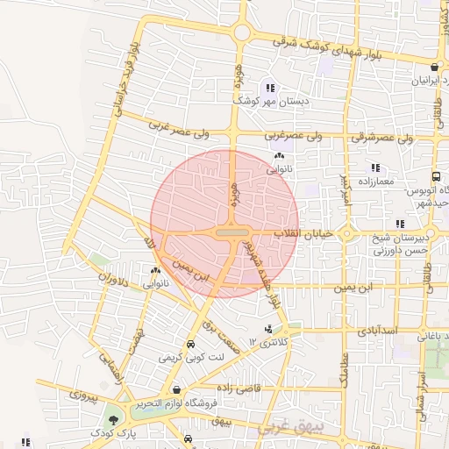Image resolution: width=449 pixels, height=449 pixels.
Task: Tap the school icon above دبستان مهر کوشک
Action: click(x=270, y=88)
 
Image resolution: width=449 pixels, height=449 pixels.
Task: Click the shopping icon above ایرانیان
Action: click(x=434, y=67)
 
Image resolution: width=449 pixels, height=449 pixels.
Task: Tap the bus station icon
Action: click(x=436, y=175)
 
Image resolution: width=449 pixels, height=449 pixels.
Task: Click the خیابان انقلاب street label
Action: click(x=303, y=234)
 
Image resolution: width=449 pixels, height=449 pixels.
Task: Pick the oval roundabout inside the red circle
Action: click(x=231, y=233)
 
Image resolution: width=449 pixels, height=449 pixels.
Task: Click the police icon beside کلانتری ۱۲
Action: click(x=267, y=329)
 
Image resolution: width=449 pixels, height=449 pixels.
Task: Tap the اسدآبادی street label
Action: click(x=378, y=331)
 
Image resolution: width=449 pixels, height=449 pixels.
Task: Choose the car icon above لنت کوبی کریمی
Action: click(x=191, y=345)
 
